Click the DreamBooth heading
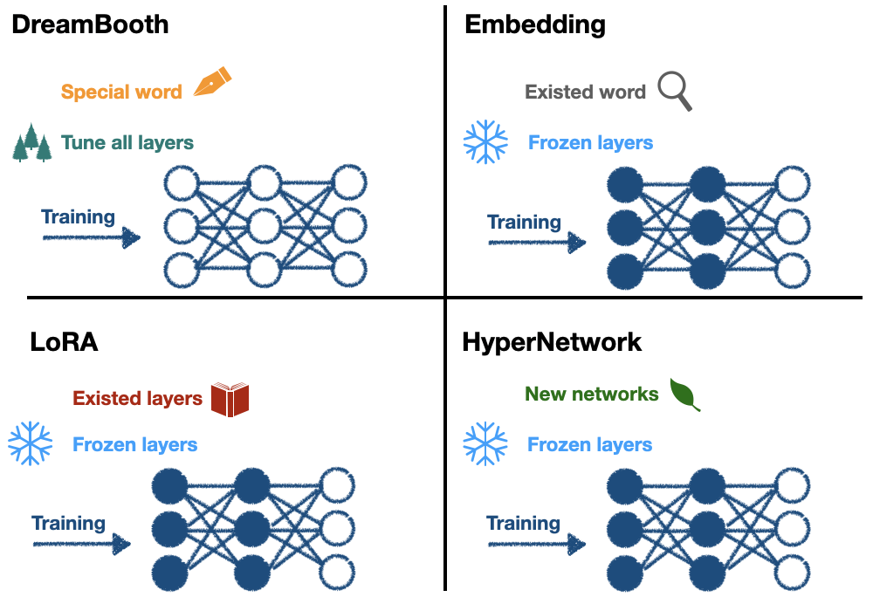[x=90, y=24]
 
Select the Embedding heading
[x=535, y=24]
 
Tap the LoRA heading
[x=64, y=341]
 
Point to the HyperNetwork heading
[x=552, y=341]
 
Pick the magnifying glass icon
[x=674, y=91]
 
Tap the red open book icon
[x=230, y=399]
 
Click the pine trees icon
[x=32, y=143]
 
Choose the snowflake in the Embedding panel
[x=485, y=142]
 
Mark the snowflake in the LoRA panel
[x=30, y=443]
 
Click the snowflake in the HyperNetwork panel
[x=485, y=443]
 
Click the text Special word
[x=121, y=92]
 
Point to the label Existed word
[x=585, y=92]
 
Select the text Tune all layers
[x=127, y=142]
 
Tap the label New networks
[x=591, y=394]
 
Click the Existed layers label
[x=137, y=399]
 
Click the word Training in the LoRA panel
[x=68, y=523]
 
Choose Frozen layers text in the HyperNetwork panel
[x=589, y=444]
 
